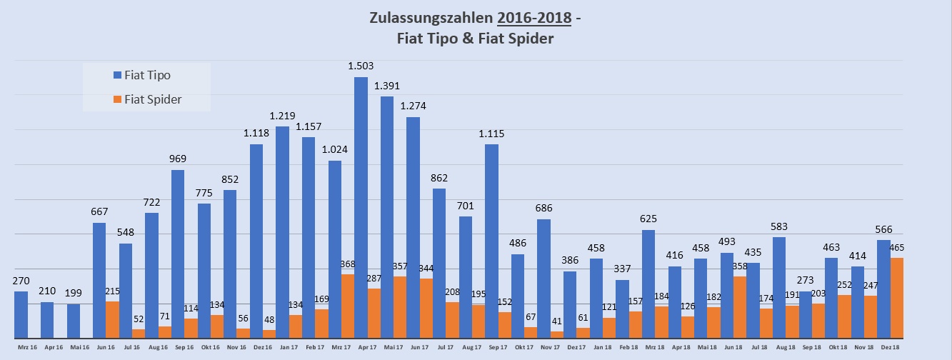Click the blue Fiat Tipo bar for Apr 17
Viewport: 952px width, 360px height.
361,207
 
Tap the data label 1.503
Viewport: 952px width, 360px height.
361,66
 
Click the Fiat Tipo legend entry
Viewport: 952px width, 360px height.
146,75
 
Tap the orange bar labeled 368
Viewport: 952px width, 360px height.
348,306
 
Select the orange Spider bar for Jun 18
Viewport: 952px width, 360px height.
740,307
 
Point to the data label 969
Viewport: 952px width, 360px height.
178,159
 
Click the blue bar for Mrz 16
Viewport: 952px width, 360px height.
21,314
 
